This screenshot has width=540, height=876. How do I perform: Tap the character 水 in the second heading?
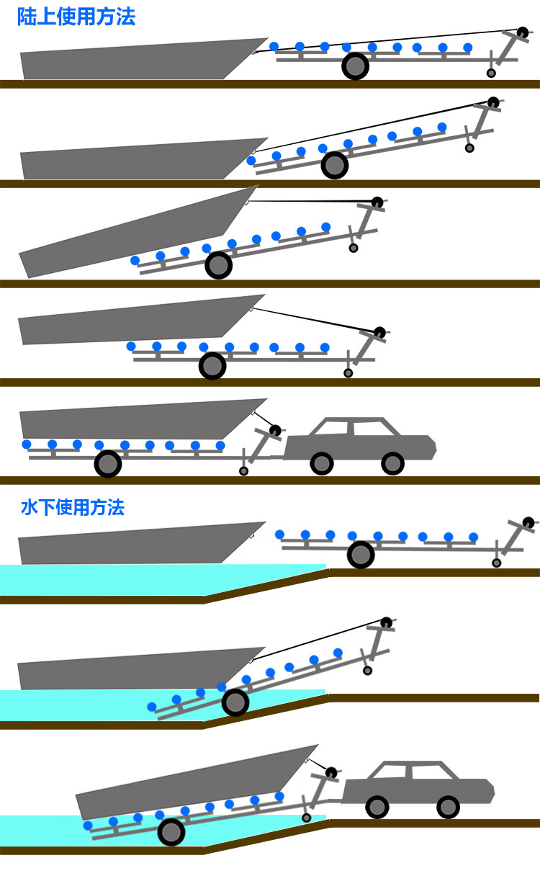pyautogui.click(x=30, y=508)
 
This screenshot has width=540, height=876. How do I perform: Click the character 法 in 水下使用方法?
pyautogui.click(x=116, y=508)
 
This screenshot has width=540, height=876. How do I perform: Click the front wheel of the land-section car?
pyautogui.click(x=392, y=463)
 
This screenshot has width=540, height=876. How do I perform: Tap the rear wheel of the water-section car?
pyautogui.click(x=377, y=806)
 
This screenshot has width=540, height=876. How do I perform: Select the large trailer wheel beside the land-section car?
pyautogui.click(x=108, y=464)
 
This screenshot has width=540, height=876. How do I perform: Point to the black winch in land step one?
pyautogui.click(x=522, y=32)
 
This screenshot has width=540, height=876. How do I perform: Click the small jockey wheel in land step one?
pyautogui.click(x=491, y=73)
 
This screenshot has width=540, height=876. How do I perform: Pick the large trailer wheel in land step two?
pyautogui.click(x=335, y=166)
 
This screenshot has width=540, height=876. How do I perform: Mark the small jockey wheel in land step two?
pyautogui.click(x=469, y=148)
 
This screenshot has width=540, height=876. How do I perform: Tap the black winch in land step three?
pyautogui.click(x=377, y=201)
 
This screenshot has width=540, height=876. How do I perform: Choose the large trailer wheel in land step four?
pyautogui.click(x=212, y=366)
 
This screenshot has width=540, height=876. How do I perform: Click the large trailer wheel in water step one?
pyautogui.click(x=361, y=555)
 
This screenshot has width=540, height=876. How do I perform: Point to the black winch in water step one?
pyautogui.click(x=528, y=522)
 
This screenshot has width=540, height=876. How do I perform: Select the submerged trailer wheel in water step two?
pyautogui.click(x=235, y=702)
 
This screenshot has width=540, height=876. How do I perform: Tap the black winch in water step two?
pyautogui.click(x=386, y=621)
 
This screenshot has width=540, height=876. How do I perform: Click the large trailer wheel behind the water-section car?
pyautogui.click(x=171, y=832)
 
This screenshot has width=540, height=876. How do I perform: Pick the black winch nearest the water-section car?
pyautogui.click(x=330, y=773)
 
